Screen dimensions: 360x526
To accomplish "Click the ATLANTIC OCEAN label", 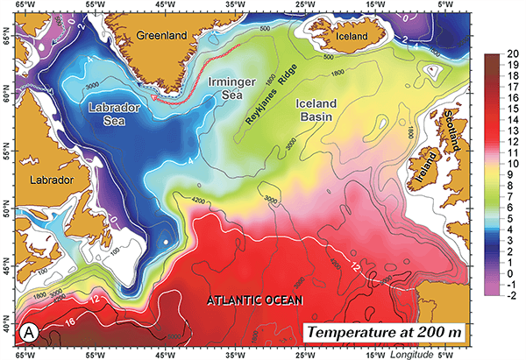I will click(253, 300).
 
